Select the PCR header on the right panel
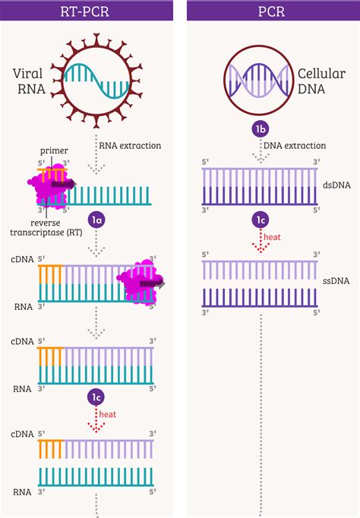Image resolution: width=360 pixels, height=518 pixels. click(x=271, y=10)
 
